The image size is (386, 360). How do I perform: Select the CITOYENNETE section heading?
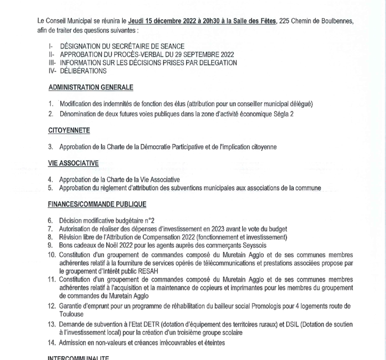click(69, 130)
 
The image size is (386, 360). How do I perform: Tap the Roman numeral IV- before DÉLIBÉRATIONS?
click(52, 70)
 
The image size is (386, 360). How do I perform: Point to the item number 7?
click(50, 229)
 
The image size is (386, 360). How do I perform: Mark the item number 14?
click(52, 343)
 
